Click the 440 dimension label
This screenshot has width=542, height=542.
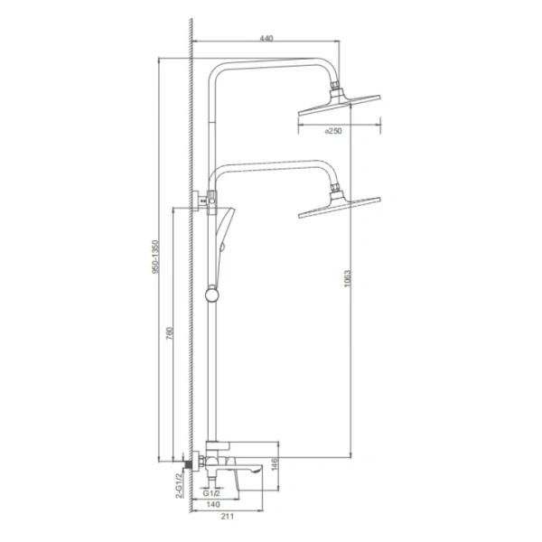(x=266, y=38)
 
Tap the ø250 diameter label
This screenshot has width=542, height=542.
(x=333, y=131)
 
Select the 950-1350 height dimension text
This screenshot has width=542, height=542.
(x=156, y=257)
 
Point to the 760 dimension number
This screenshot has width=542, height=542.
(x=169, y=333)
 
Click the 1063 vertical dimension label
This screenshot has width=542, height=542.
(x=347, y=278)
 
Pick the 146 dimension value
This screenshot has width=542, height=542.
(x=274, y=464)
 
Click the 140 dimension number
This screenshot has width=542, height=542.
(x=213, y=504)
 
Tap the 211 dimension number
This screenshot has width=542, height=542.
(x=227, y=517)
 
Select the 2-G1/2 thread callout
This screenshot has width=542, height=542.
(x=179, y=486)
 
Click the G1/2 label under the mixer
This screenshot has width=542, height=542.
(x=211, y=493)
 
